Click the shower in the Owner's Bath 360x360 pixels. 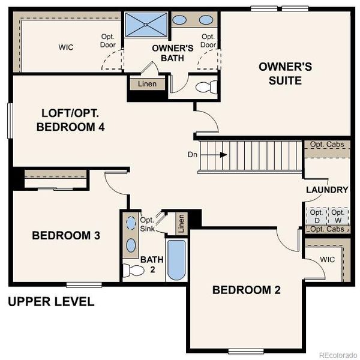pos(146,25)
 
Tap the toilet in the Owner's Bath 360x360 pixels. pos(205,88)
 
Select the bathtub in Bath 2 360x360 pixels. pos(176,260)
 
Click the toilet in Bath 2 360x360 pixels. pos(132,270)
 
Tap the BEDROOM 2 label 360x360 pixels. pos(247,290)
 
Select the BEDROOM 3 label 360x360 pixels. pos(66,235)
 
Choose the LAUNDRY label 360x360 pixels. pos(327,190)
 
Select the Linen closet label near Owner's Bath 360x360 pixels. pos(147,84)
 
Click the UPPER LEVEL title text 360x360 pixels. pos(51,301)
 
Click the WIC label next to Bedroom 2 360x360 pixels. pos(328,260)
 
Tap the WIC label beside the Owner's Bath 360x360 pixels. pos(66,47)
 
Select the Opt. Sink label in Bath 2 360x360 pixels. pos(148,224)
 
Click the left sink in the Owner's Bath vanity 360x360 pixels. pos(179,19)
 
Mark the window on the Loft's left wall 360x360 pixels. pos(10,120)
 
